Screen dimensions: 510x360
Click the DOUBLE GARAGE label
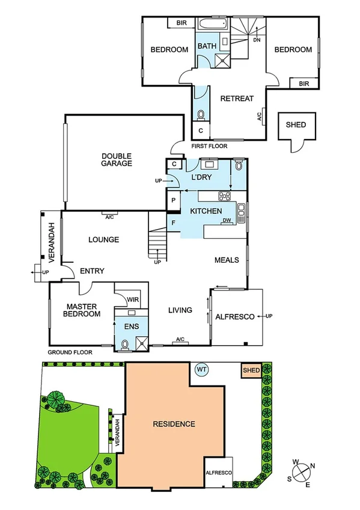tap(117, 159)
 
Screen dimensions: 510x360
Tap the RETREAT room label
tap(236, 99)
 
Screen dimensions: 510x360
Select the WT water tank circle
tap(201, 369)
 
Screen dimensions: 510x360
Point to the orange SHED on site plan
tap(251, 371)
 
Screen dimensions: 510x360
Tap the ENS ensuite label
tap(132, 327)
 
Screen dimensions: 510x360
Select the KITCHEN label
tap(206, 211)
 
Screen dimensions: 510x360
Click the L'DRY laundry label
tap(201, 178)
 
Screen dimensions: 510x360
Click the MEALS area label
tap(227, 260)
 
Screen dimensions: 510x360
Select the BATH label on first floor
tap(207, 46)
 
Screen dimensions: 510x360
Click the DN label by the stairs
tap(257, 40)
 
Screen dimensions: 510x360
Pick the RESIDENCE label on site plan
tap(174, 424)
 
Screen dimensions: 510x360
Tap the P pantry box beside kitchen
tap(173, 200)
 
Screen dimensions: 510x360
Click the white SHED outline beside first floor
tap(296, 125)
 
